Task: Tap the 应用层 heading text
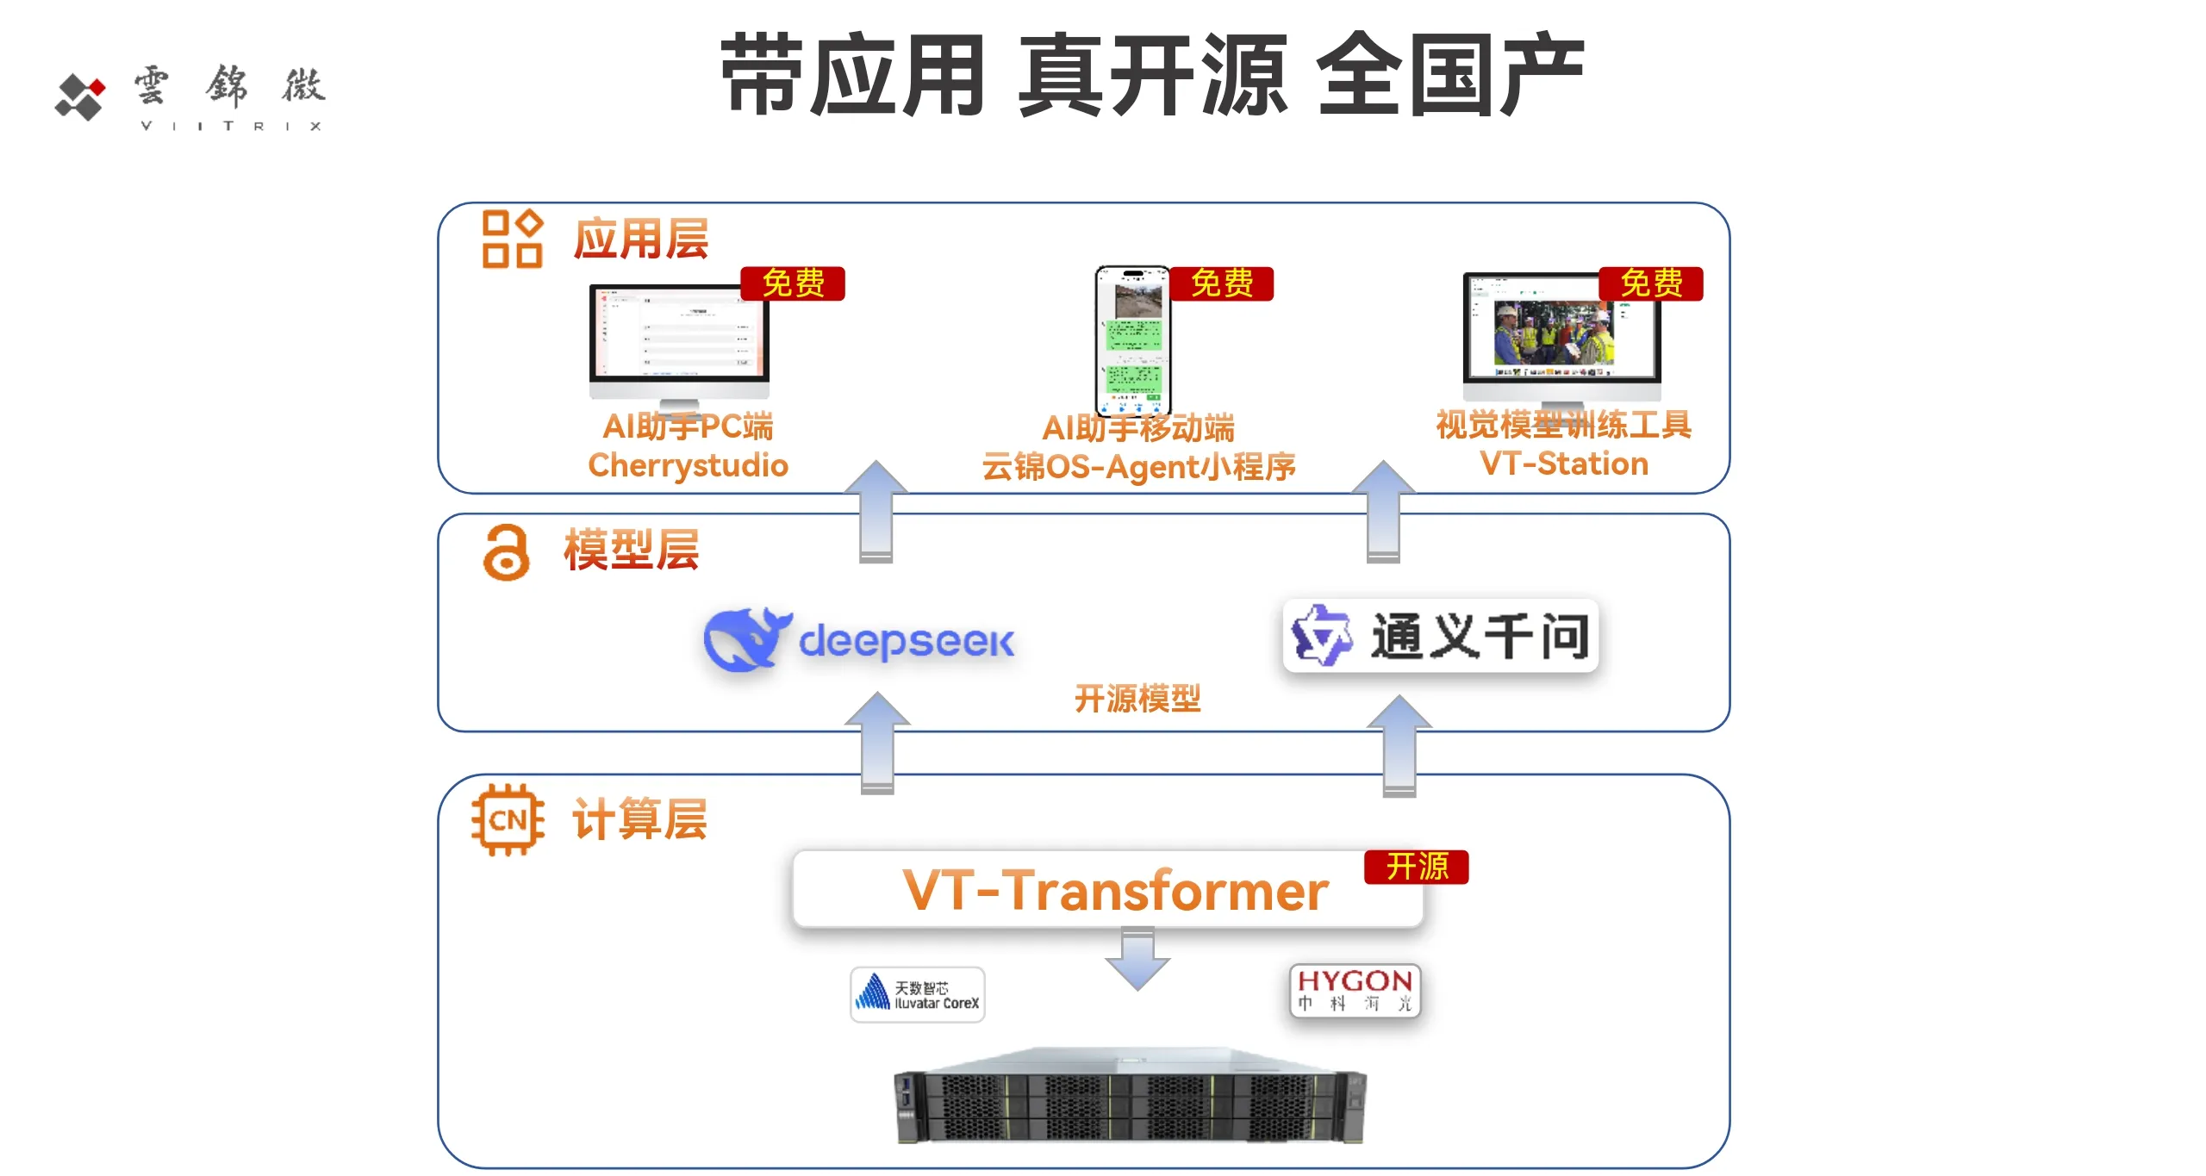[640, 239]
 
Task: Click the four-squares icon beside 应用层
[512, 239]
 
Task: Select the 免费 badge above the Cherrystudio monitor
[793, 283]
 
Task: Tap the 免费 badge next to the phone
[1221, 283]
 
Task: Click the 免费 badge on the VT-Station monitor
[1650, 283]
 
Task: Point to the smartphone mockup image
[1132, 341]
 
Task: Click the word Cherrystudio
[688, 465]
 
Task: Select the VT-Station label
[1563, 464]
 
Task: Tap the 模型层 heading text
[631, 550]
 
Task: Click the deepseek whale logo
[743, 639]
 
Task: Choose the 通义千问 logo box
[1440, 636]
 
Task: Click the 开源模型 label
[1137, 698]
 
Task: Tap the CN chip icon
[508, 819]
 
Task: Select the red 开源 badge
[1416, 867]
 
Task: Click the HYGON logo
[1355, 990]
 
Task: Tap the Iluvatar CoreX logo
[917, 994]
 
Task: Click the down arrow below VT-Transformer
[1137, 959]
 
